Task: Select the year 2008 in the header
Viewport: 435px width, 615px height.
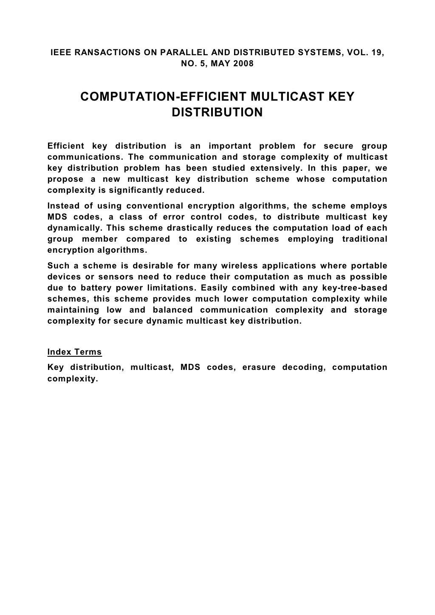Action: tap(244, 64)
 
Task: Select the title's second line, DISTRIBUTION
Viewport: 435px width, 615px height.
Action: tap(217, 113)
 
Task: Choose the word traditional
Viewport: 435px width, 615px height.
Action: tap(364, 239)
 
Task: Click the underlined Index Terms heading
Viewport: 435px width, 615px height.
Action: tap(75, 352)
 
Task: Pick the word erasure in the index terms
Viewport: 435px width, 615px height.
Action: tap(259, 367)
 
